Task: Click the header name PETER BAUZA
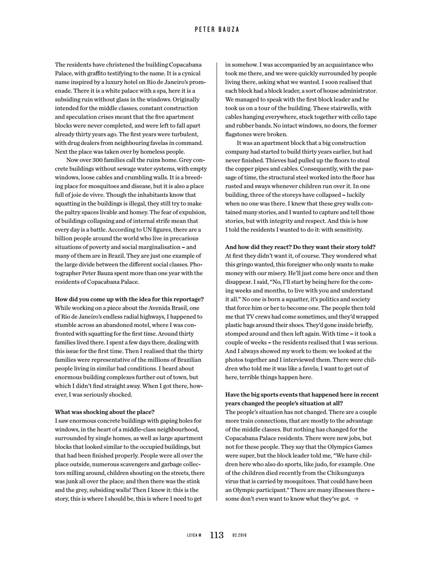click(x=217, y=29)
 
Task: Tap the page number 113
click(x=217, y=535)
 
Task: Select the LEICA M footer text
click(x=194, y=535)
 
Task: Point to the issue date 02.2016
click(x=239, y=535)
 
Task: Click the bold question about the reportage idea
click(x=129, y=299)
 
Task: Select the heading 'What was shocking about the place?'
click(x=105, y=412)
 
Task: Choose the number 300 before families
click(x=97, y=160)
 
